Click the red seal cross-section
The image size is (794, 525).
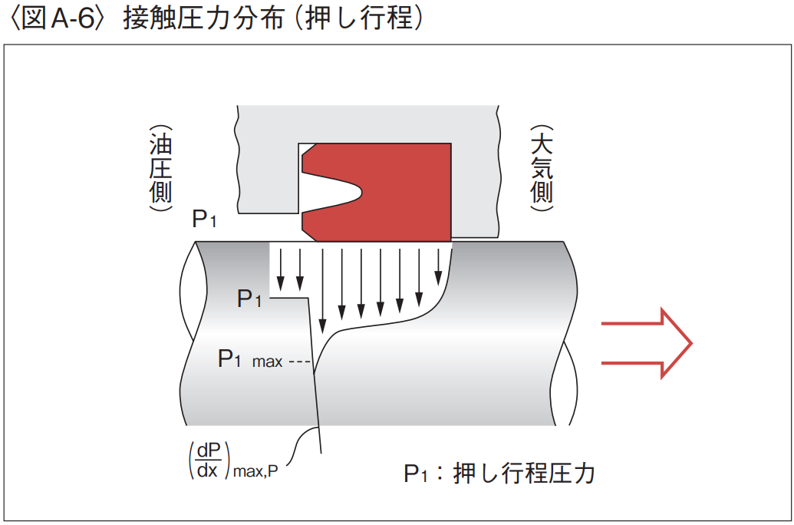pos(407,192)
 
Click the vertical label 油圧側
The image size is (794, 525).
pos(160,168)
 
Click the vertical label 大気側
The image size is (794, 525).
pos(542,168)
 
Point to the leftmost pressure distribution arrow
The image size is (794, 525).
pos(282,264)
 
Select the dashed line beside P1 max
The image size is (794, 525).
pos(298,361)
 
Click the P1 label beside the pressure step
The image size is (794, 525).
pos(249,299)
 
